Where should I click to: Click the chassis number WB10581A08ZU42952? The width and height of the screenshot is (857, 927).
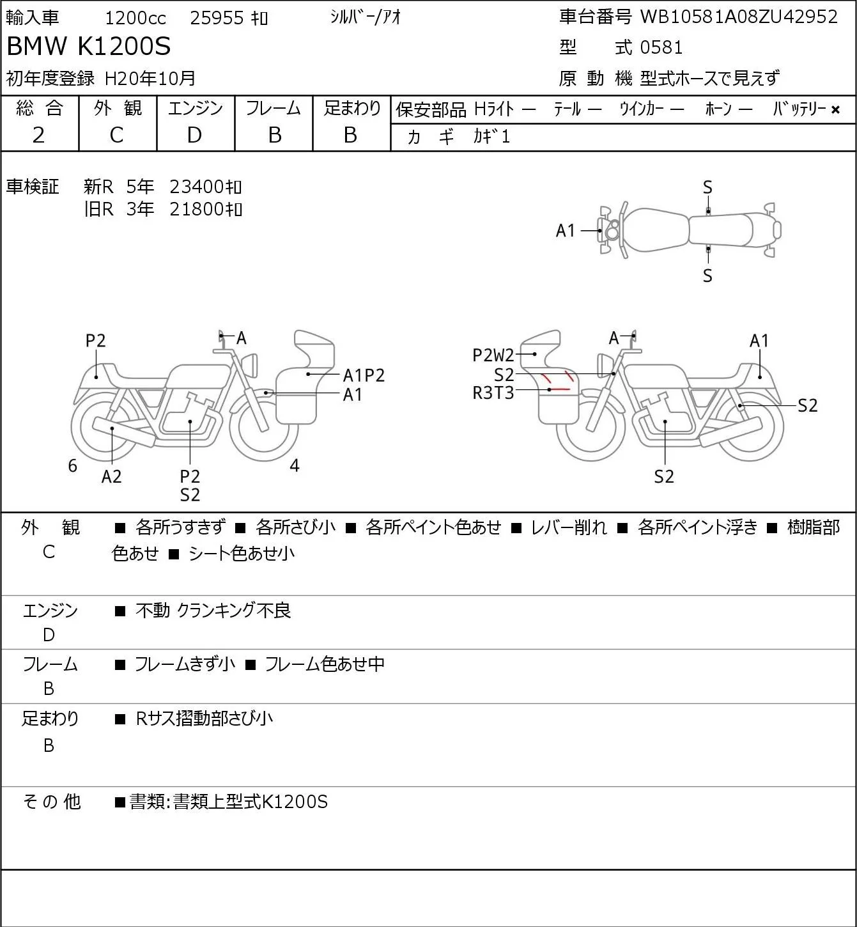coord(739,17)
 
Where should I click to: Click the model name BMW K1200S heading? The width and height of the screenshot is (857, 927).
coord(89,46)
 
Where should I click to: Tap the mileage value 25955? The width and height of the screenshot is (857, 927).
coord(217,18)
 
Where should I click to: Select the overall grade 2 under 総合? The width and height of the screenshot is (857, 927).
coord(38,136)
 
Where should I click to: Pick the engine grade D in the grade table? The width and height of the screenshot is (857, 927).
coord(194,136)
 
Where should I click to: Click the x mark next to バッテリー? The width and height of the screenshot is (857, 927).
coord(835,110)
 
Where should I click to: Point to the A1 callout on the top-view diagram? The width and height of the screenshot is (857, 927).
coord(566,231)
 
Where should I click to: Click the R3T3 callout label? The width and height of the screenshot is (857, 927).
coord(493,393)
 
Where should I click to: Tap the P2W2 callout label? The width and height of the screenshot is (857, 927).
coord(493,355)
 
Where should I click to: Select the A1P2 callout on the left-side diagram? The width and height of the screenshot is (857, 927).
coord(364,375)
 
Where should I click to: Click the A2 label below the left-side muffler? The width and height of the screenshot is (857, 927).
coord(112,476)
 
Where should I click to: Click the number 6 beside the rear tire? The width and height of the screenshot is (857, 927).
coord(72,465)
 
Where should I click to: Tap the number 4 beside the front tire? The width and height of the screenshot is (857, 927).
coord(294,465)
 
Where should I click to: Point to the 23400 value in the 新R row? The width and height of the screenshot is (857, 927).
coord(196,187)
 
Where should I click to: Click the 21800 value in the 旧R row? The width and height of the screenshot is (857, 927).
coord(196,209)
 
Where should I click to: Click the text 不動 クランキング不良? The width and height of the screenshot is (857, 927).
coord(213,610)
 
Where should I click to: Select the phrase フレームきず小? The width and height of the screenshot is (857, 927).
coord(185,664)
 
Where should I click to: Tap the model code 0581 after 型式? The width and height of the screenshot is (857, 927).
coord(661,47)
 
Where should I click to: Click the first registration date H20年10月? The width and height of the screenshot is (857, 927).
coord(150,79)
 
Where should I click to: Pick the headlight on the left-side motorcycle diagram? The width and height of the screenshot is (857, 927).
coord(250,365)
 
